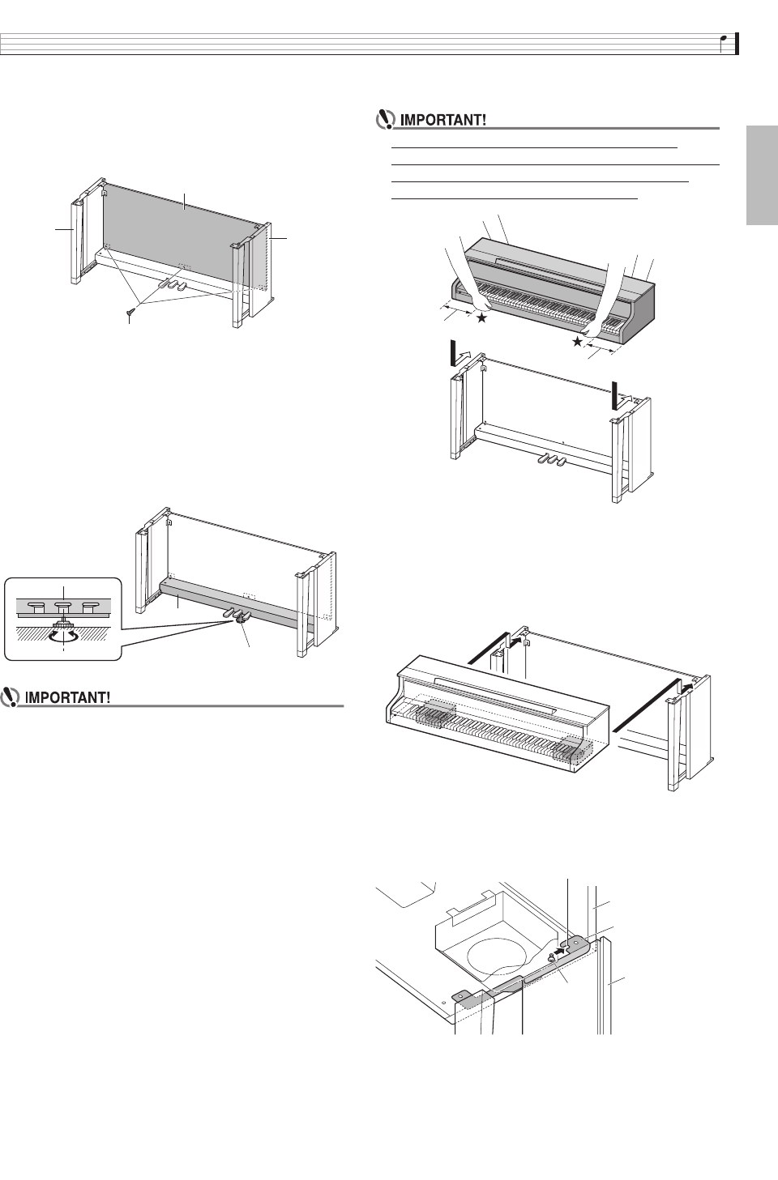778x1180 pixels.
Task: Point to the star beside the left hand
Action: click(x=482, y=319)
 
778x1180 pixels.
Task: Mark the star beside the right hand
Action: click(x=577, y=343)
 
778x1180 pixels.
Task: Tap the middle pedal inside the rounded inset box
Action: click(x=62, y=604)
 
